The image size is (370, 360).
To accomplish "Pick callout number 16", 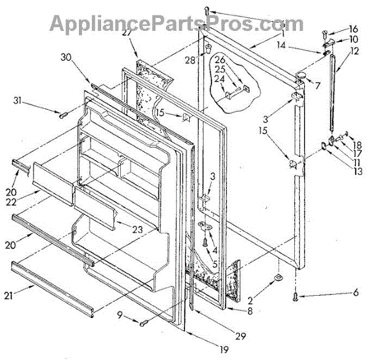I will [353, 29].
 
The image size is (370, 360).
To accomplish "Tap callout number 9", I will [120, 319].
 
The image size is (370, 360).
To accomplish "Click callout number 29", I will [239, 337].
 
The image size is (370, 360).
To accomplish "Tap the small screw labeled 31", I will [62, 114].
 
